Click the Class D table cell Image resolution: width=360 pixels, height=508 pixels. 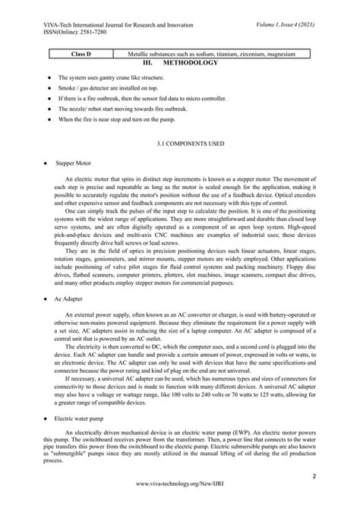click(81, 55)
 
